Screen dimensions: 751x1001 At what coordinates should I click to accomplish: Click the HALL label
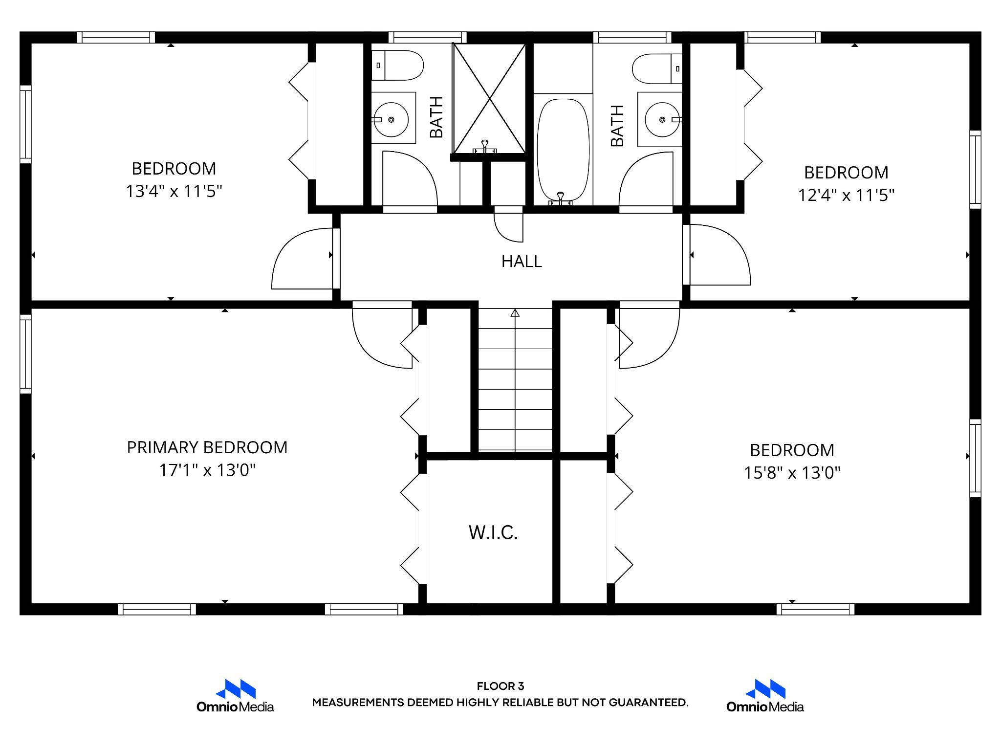point(522,262)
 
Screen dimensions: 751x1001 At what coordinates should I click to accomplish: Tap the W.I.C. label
point(493,532)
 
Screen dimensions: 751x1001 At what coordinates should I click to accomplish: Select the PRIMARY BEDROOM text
point(207,447)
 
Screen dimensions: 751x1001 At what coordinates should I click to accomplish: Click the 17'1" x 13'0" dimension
point(207,470)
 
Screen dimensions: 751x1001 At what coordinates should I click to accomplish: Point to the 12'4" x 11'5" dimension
point(846,196)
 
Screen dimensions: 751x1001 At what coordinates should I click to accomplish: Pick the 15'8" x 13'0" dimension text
point(792,473)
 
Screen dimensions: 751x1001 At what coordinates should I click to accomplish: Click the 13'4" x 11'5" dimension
point(174,191)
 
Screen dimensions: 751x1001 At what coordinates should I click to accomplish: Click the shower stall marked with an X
point(489,98)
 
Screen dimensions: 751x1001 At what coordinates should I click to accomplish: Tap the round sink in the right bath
point(662,119)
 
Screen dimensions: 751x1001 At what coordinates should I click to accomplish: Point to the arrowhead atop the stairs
point(515,313)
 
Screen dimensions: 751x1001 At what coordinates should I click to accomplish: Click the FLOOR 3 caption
point(500,686)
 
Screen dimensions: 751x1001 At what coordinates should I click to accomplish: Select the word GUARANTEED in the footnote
point(648,703)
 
